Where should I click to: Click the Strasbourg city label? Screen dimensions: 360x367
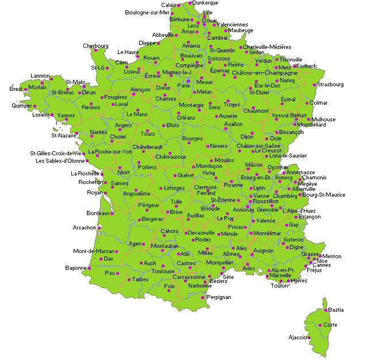[x=330, y=85]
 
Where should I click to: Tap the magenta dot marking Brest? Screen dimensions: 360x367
[x=25, y=89]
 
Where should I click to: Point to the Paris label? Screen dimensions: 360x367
[x=183, y=86]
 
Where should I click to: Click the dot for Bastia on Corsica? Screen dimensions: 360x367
[x=326, y=310]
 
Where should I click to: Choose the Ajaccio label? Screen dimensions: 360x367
[x=297, y=337]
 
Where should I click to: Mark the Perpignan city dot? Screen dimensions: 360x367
[x=203, y=297]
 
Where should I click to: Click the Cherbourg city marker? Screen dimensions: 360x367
[x=96, y=51]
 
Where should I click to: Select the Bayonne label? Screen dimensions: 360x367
[x=75, y=268]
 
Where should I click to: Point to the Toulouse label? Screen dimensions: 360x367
[x=163, y=271]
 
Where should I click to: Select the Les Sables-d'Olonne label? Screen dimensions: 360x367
[x=60, y=161]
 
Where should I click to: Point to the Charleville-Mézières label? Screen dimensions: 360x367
[x=267, y=47]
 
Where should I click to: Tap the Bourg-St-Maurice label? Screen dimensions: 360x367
[x=324, y=195]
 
